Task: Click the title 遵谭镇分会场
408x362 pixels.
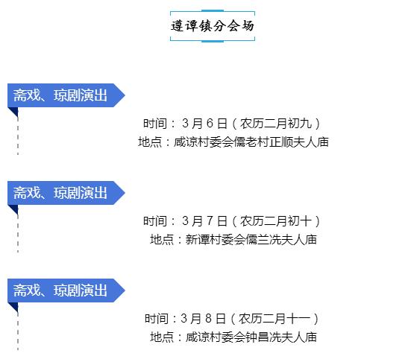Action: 213,26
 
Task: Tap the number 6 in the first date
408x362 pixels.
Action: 210,123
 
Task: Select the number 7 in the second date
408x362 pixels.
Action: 210,221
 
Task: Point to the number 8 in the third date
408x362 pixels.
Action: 208,318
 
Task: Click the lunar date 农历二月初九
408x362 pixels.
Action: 276,123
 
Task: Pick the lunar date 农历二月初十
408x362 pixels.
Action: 276,221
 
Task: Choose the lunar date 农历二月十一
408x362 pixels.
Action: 274,318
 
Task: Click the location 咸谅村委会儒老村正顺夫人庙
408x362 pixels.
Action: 251,142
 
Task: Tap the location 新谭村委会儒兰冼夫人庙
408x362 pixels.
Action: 251,239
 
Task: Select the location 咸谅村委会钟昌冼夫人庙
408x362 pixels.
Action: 251,337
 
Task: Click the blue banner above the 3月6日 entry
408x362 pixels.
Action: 66,95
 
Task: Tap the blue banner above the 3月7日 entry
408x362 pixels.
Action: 66,193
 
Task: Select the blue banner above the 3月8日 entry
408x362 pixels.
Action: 66,290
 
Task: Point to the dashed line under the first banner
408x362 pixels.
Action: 18,136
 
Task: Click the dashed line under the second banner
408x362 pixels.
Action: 18,233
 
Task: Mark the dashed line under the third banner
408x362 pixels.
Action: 18,331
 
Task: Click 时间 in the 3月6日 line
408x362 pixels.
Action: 155,123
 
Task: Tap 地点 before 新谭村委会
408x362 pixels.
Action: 162,239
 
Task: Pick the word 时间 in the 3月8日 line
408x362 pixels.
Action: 157,318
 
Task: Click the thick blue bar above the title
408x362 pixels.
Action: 213,10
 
